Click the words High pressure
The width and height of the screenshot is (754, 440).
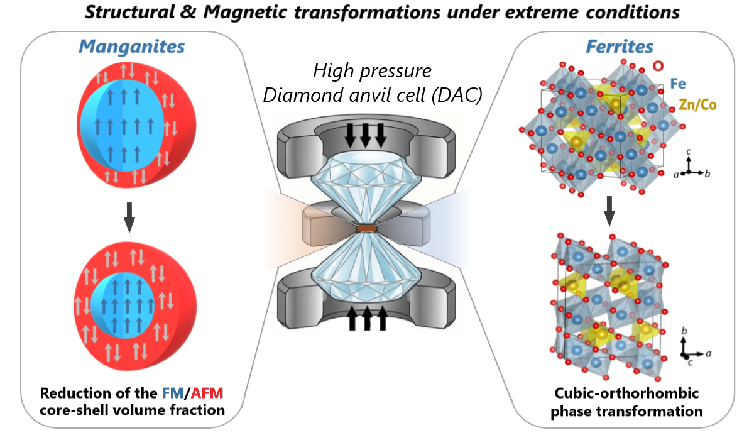pos(373,70)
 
